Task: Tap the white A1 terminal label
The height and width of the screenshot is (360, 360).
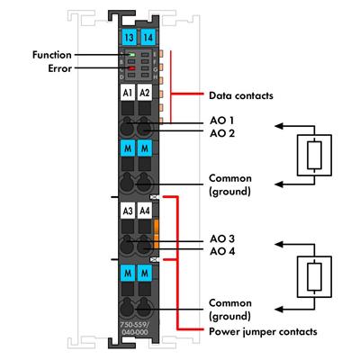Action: click(128, 93)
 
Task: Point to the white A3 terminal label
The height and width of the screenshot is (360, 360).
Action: click(128, 211)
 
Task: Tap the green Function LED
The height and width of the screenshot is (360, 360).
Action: click(130, 56)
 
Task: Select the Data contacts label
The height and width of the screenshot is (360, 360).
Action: click(240, 94)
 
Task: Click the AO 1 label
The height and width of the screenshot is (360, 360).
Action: click(222, 120)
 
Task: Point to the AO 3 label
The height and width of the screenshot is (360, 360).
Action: click(222, 238)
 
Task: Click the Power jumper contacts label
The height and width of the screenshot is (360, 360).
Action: click(262, 331)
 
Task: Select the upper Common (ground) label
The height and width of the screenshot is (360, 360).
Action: click(229, 184)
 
